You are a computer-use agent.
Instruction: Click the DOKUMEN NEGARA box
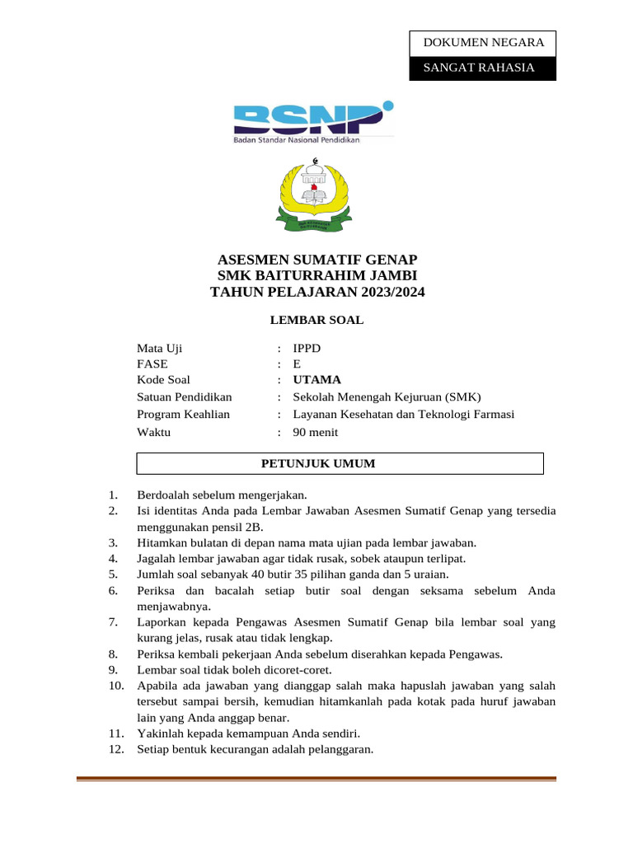(482, 43)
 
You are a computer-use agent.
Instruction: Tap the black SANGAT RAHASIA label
(482, 68)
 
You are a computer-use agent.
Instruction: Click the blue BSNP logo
(313, 120)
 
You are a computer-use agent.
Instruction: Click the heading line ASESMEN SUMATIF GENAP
(317, 260)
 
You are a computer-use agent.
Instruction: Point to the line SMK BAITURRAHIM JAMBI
(317, 275)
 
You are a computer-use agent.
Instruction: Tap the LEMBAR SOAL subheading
(317, 320)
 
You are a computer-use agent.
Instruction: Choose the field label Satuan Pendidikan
(185, 396)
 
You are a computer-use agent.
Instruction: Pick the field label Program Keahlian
(183, 414)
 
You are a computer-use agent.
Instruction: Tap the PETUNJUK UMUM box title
(318, 463)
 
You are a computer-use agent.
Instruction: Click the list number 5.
(113, 574)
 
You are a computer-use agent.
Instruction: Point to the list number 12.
(115, 749)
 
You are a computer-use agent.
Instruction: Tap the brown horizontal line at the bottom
(316, 778)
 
